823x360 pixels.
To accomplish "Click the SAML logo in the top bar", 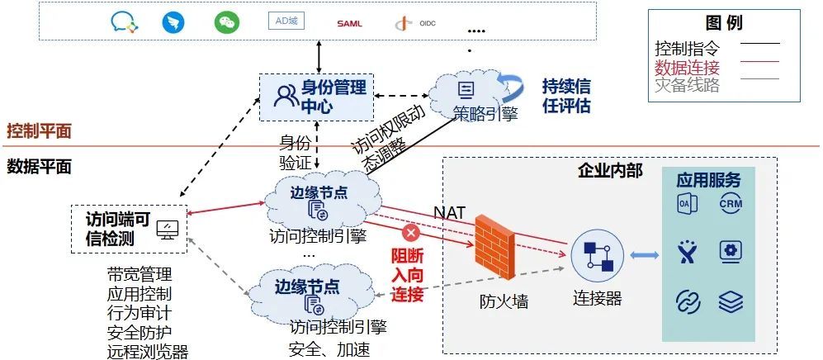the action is [349, 23].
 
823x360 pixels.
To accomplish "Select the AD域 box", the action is [286, 21].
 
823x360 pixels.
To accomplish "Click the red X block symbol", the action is [410, 232].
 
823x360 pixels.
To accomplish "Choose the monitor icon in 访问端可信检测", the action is [168, 229].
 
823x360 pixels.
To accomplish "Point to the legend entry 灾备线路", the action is [687, 84].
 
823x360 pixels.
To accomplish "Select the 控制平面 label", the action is [39, 131].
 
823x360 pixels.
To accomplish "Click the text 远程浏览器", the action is [148, 352].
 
